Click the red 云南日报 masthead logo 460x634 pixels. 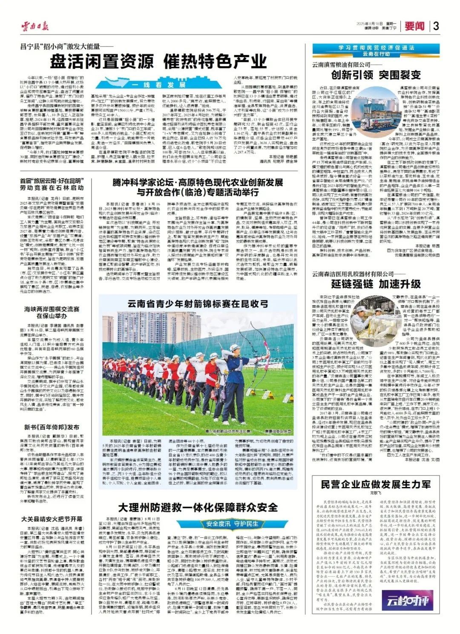coord(35,26)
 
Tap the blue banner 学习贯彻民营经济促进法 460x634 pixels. coord(376,48)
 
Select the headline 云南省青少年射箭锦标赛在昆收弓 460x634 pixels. coord(198,304)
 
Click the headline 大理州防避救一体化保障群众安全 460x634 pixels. coord(198,507)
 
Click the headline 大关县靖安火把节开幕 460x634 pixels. coord(52,519)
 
